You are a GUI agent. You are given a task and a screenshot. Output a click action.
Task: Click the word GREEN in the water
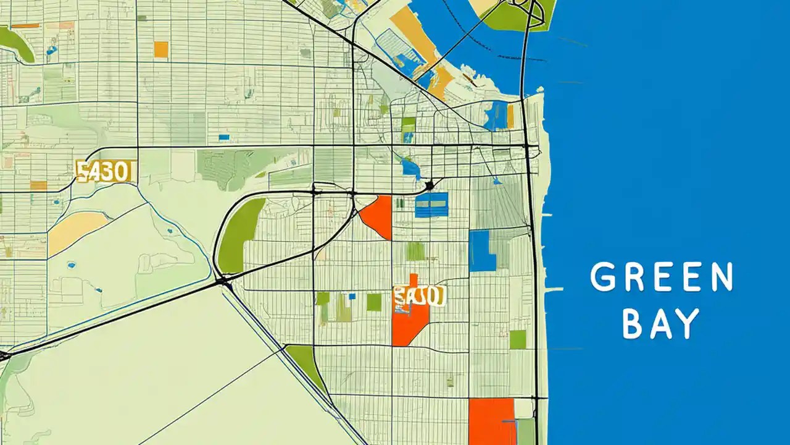pos(661,278)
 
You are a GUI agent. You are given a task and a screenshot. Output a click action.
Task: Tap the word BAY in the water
pos(661,324)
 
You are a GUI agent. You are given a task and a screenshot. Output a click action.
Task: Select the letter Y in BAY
pos(690,324)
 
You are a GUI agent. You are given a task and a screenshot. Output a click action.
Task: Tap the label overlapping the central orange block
pos(419,296)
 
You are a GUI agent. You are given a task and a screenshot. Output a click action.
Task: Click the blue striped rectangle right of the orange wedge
pos(431,205)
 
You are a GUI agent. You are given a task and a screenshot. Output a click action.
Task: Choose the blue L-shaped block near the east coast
pos(481,251)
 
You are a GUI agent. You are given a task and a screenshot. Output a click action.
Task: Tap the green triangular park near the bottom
pos(307,365)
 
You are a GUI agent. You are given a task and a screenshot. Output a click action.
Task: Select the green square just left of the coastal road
pos(518,339)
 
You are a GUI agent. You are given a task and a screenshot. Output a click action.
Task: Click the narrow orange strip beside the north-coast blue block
pos(510,116)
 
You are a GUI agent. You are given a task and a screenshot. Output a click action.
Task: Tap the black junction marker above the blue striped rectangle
pos(430,185)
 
